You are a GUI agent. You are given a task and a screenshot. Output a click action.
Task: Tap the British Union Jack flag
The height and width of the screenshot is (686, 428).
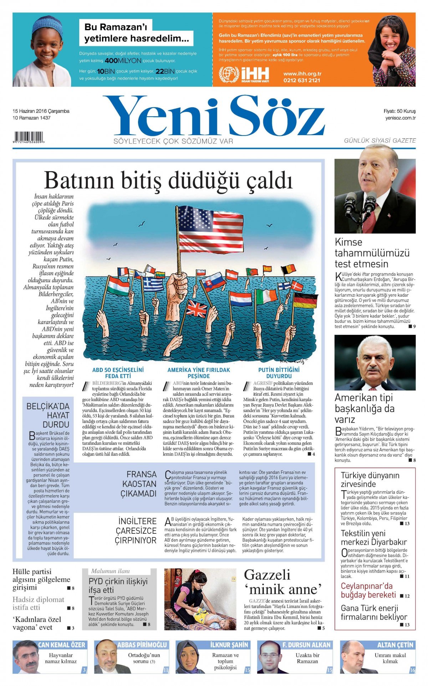[197, 308]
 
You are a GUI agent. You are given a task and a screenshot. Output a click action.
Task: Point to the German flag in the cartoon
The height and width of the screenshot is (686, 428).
[305, 300]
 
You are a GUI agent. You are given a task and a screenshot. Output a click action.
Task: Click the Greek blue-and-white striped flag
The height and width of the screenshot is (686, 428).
[153, 284]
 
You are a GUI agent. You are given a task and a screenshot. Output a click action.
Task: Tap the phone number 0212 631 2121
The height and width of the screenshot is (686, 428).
[302, 81]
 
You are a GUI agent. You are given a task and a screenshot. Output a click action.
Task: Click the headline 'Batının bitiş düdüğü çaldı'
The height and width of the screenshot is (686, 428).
[168, 180]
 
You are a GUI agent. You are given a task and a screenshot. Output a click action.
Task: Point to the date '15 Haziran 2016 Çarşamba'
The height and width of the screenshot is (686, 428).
[41, 111]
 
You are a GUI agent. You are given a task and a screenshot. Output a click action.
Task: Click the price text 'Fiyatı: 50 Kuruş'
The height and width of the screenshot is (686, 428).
[399, 111]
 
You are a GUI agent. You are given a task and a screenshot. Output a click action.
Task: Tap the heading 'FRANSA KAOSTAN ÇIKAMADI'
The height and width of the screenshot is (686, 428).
[139, 484]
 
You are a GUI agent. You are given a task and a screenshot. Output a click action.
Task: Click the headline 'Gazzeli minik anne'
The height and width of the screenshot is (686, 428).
[282, 582]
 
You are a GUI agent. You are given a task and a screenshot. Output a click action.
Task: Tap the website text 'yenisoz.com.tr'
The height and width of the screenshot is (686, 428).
[400, 118]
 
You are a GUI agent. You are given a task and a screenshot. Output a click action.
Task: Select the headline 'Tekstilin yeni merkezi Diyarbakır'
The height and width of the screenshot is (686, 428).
[373, 538]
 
